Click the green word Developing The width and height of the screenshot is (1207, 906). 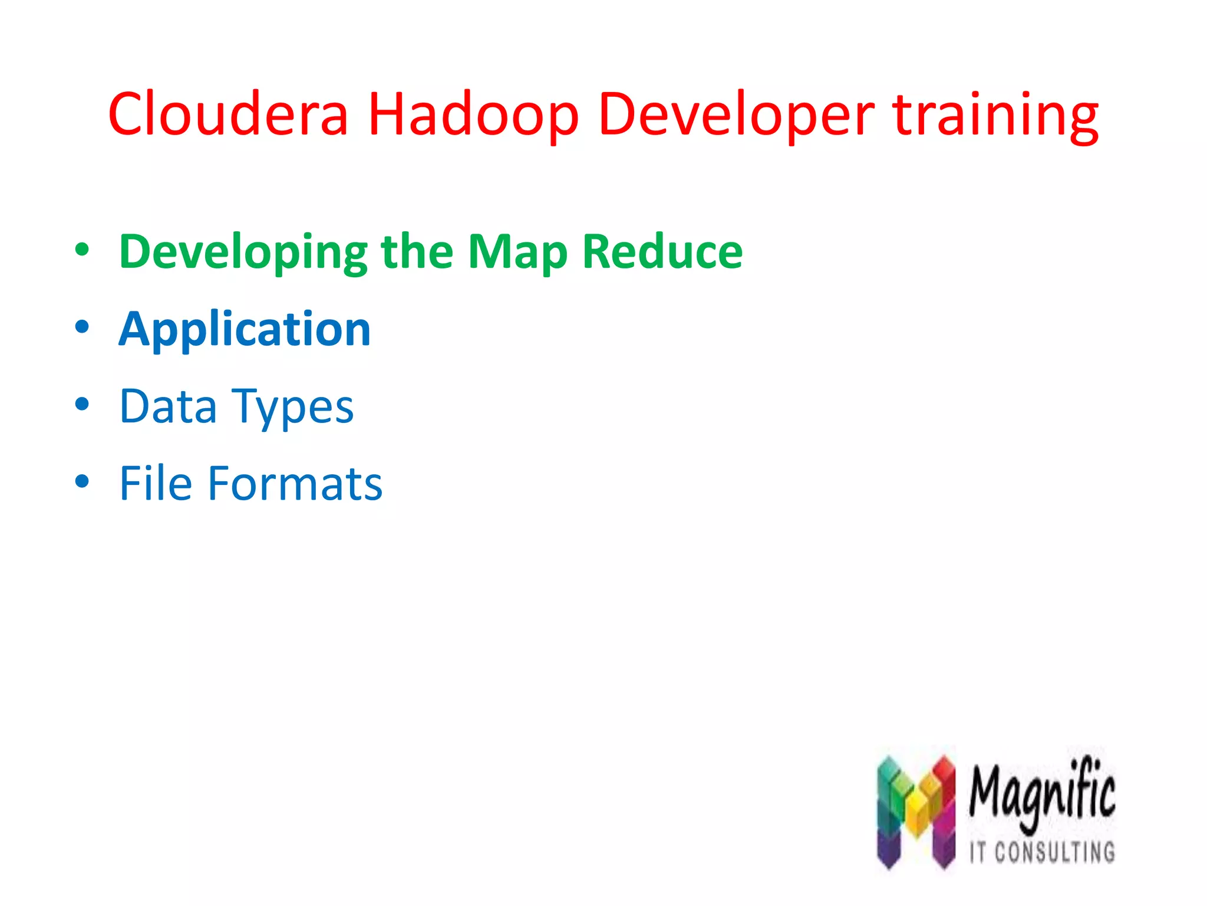coord(243,252)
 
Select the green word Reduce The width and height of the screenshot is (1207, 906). coord(662,252)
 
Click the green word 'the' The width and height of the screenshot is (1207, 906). coord(417,252)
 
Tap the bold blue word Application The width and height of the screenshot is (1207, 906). coord(245,329)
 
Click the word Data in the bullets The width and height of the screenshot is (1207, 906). coord(168,406)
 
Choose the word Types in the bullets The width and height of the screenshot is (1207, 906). coord(292,406)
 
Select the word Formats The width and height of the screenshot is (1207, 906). coord(295,484)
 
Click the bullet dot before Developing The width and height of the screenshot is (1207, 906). coord(82,250)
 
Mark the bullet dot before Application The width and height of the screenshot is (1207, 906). coord(82,327)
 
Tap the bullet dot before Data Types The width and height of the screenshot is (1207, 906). coord(82,405)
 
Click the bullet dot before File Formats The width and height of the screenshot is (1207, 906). coord(82,482)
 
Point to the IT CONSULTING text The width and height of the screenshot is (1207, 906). coord(1042,852)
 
